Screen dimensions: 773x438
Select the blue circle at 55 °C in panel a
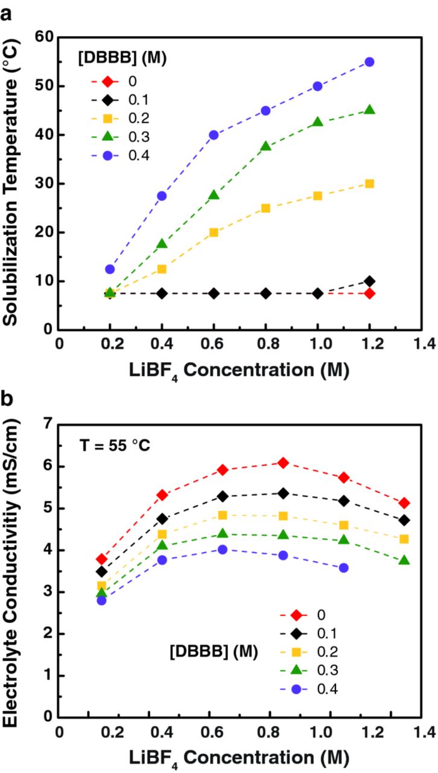click(x=369, y=62)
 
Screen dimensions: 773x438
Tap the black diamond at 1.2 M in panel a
click(x=369, y=281)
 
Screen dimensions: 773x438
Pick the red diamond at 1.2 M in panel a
click(x=369, y=293)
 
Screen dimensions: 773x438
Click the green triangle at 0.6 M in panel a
click(x=214, y=195)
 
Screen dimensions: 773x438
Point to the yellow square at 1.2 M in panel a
click(x=369, y=184)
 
